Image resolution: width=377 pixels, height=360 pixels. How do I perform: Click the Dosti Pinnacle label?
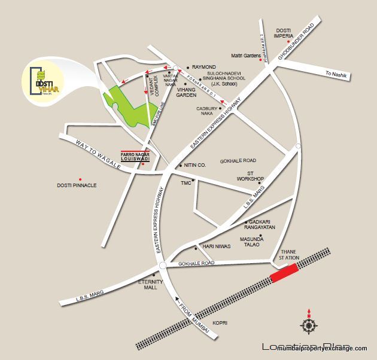(77, 185)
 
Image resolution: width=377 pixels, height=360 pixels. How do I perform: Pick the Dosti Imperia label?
(284, 33)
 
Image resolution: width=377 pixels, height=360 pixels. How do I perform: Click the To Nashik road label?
(336, 74)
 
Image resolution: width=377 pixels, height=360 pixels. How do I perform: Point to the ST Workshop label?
(250, 175)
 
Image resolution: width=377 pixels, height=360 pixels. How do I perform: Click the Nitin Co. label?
(195, 164)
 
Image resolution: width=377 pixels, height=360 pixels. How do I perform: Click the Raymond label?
(203, 68)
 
